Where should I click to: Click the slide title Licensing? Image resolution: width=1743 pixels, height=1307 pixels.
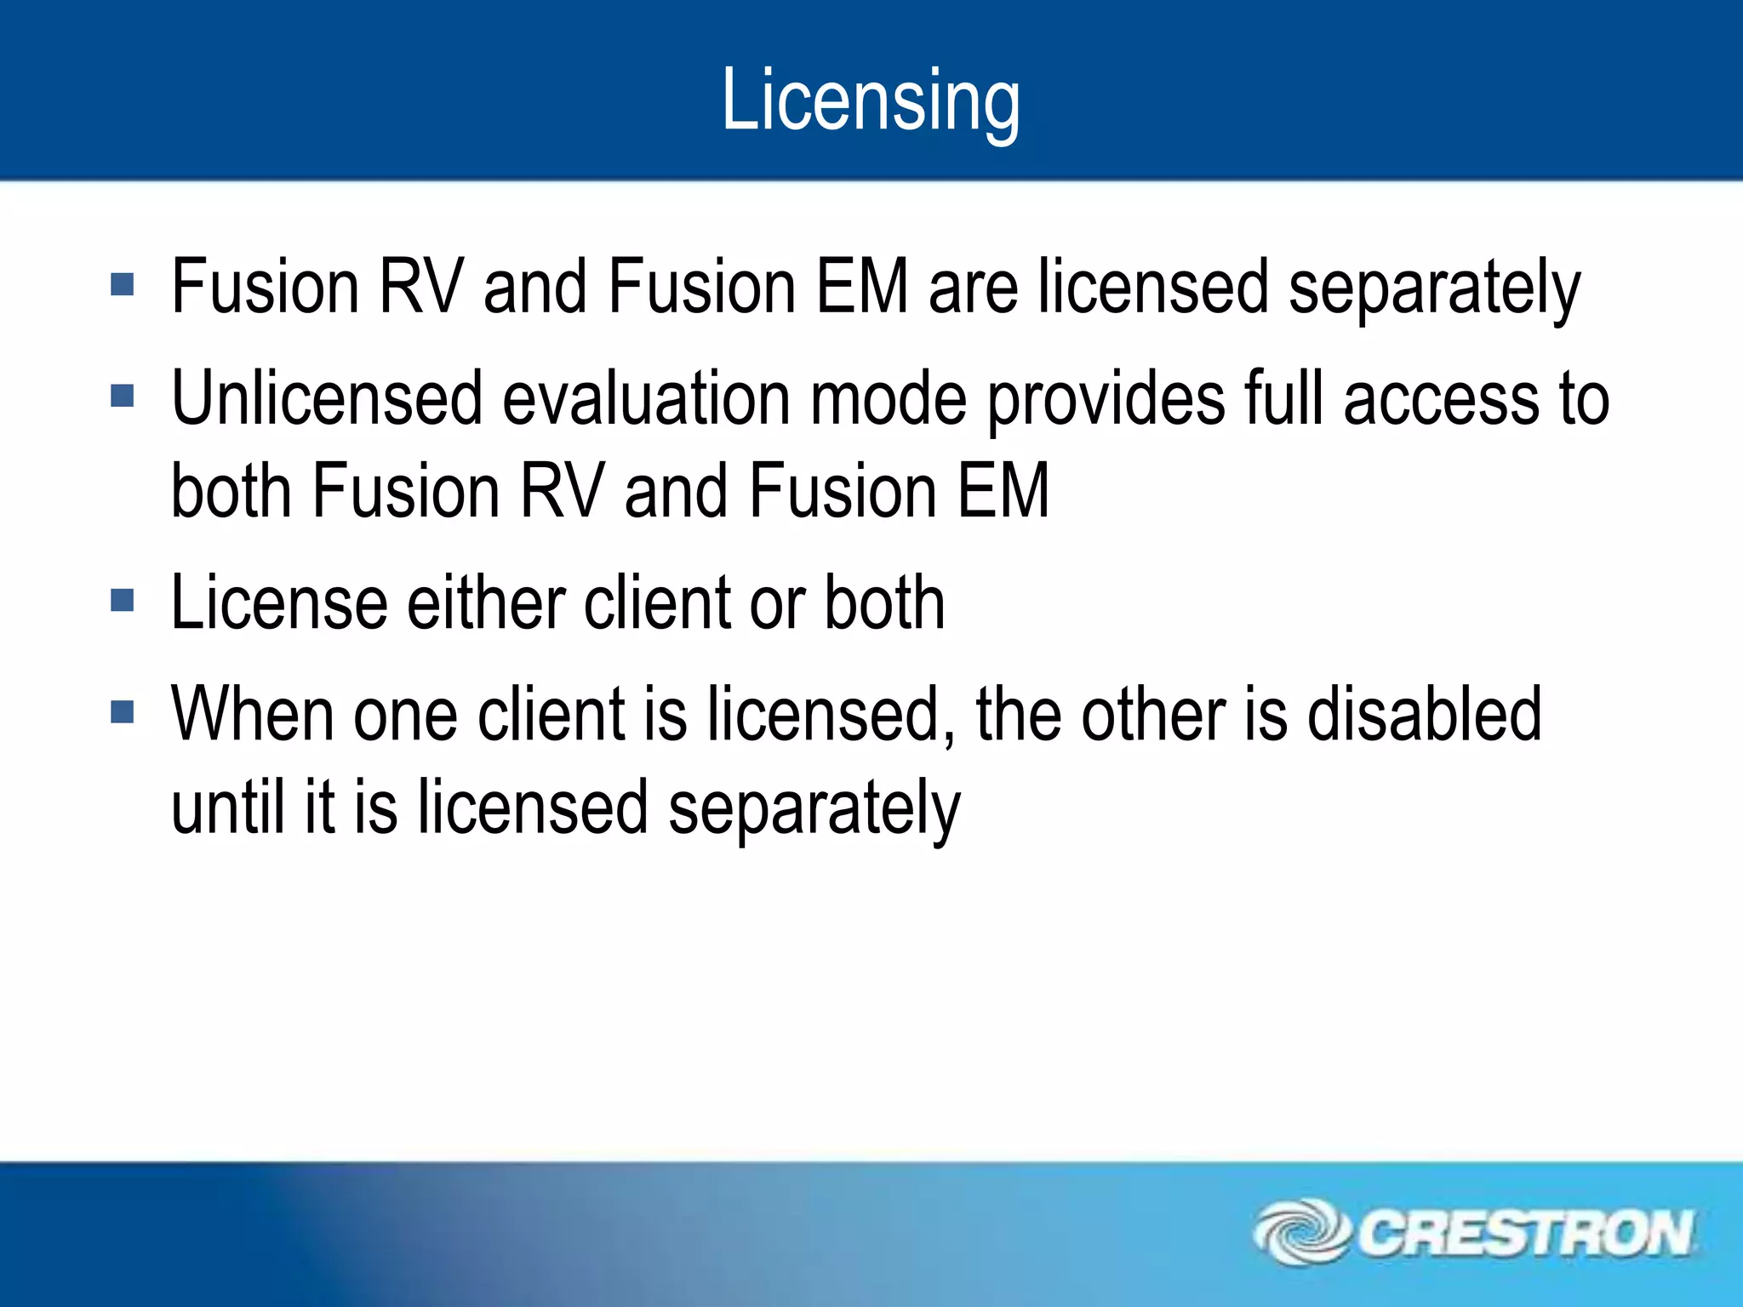pyautogui.click(x=870, y=100)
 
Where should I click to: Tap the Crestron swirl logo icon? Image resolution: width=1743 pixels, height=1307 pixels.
pyautogui.click(x=1300, y=1232)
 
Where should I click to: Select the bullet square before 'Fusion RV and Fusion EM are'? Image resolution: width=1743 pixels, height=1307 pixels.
pyautogui.click(x=123, y=284)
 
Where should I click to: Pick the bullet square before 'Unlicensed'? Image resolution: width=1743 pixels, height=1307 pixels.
pyautogui.click(x=123, y=396)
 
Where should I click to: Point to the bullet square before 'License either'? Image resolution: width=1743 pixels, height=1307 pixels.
pyautogui.click(x=123, y=601)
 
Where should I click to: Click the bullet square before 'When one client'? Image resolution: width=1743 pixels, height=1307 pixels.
pyautogui.click(x=123, y=711)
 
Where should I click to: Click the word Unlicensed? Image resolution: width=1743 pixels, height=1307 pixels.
pyautogui.click(x=327, y=398)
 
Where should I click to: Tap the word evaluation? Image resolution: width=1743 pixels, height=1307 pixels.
pyautogui.click(x=647, y=398)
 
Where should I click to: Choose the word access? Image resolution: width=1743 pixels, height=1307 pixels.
pyautogui.click(x=1442, y=398)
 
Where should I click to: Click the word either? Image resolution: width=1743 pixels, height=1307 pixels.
pyautogui.click(x=487, y=602)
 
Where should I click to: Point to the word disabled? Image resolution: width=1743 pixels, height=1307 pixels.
pyautogui.click(x=1424, y=713)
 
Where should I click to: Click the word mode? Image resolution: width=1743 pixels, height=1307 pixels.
pyautogui.click(x=889, y=398)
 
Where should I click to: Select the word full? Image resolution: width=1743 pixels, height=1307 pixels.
pyautogui.click(x=1284, y=398)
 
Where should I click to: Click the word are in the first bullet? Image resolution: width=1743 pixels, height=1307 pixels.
pyautogui.click(x=973, y=288)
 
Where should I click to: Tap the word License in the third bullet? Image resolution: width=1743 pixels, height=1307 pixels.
pyautogui.click(x=279, y=602)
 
